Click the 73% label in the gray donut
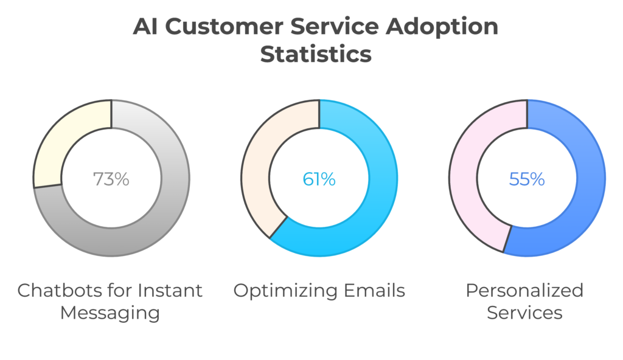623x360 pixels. pos(111,179)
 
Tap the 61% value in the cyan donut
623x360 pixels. pos(319,179)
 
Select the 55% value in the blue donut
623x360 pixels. pos(527,179)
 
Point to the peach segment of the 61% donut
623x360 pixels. pos(259,176)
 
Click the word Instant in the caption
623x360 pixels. pos(172,291)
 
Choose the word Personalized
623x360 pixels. pos(524,291)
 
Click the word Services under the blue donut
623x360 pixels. pos(524,313)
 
